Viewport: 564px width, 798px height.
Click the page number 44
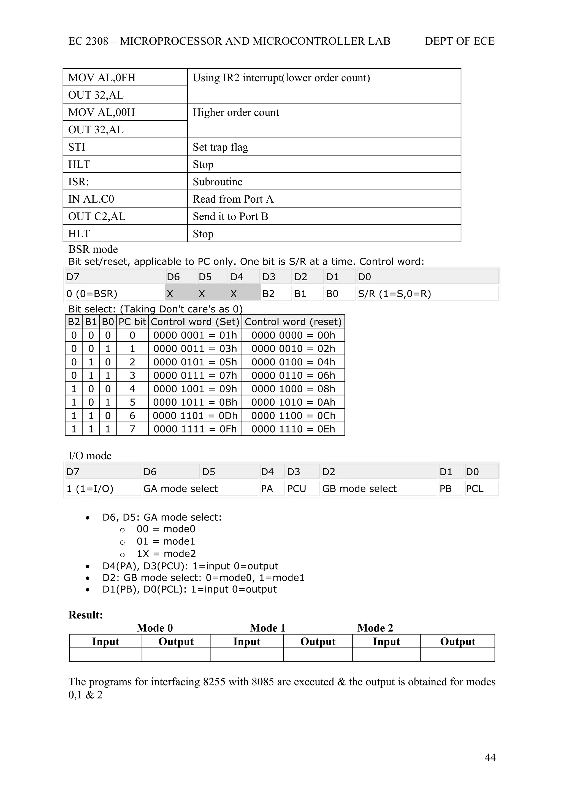pos(490,757)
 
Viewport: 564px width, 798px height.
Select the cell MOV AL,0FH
pos(102,77)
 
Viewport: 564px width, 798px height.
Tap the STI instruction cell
pos(77,147)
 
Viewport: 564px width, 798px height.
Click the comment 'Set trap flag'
pos(220,147)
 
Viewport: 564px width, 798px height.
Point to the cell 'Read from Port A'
pos(233,199)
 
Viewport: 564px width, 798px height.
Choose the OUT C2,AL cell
pos(97,216)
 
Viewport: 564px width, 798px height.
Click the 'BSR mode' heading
pos(93,249)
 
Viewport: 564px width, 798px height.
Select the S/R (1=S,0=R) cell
pos(394,294)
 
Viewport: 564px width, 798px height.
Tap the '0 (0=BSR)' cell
pos(92,294)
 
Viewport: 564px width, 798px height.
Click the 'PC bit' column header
pos(132,322)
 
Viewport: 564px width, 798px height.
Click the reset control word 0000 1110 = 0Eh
pos(293,429)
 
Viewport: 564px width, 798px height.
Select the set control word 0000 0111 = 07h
pos(195,376)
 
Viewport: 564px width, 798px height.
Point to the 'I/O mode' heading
pos(90,456)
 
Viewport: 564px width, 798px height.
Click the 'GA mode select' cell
pos(181,489)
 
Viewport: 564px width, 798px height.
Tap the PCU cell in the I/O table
pos(296,489)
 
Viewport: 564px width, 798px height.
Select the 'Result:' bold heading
pos(85,615)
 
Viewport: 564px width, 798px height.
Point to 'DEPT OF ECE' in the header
pos(459,41)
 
